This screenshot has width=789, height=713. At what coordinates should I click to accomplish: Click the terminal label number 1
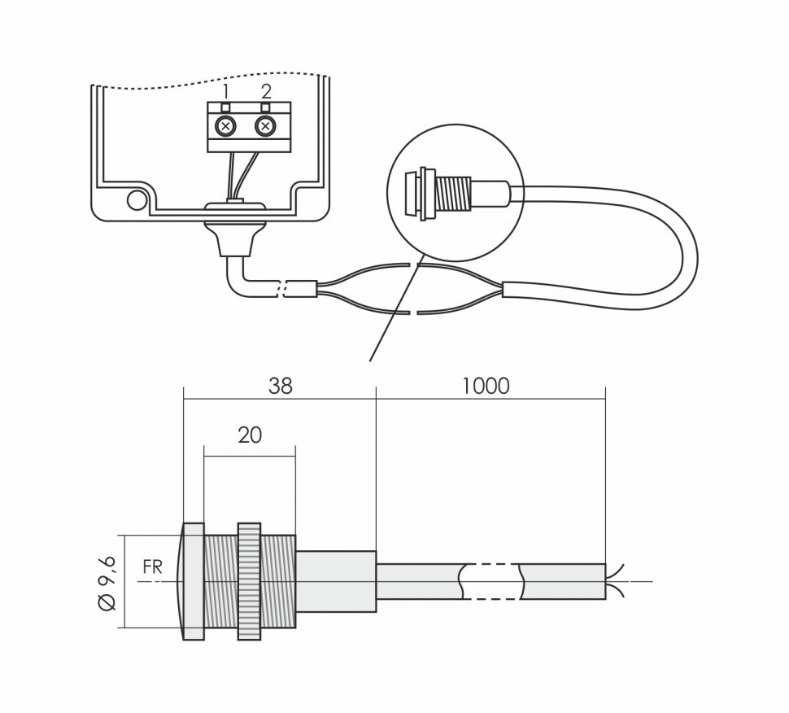(x=227, y=90)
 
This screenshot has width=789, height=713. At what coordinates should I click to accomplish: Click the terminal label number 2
(x=265, y=90)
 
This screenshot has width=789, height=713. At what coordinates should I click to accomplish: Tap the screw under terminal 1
(x=228, y=126)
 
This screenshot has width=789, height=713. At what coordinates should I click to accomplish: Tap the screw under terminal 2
(x=265, y=126)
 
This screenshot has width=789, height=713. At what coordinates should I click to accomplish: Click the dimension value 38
(x=280, y=386)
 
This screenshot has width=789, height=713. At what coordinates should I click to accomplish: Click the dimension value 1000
(x=486, y=386)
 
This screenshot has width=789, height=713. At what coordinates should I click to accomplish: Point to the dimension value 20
(x=250, y=435)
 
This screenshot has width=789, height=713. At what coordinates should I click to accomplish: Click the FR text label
(x=152, y=567)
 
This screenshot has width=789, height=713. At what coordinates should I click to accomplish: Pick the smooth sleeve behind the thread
(x=336, y=581)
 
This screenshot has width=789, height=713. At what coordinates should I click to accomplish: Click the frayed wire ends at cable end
(x=616, y=581)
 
